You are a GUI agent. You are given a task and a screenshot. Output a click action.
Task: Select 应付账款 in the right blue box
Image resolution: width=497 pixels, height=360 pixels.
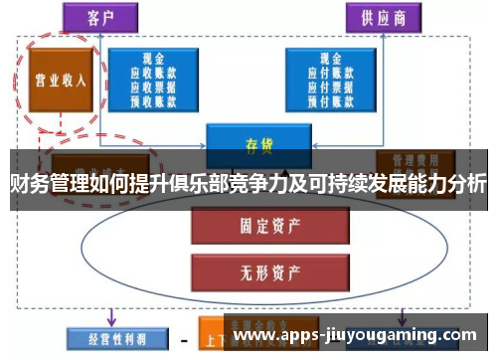(330, 73)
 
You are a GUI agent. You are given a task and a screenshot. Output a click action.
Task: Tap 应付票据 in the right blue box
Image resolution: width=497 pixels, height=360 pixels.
(330, 86)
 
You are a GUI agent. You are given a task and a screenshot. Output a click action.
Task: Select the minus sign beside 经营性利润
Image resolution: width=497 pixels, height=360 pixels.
(183, 337)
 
